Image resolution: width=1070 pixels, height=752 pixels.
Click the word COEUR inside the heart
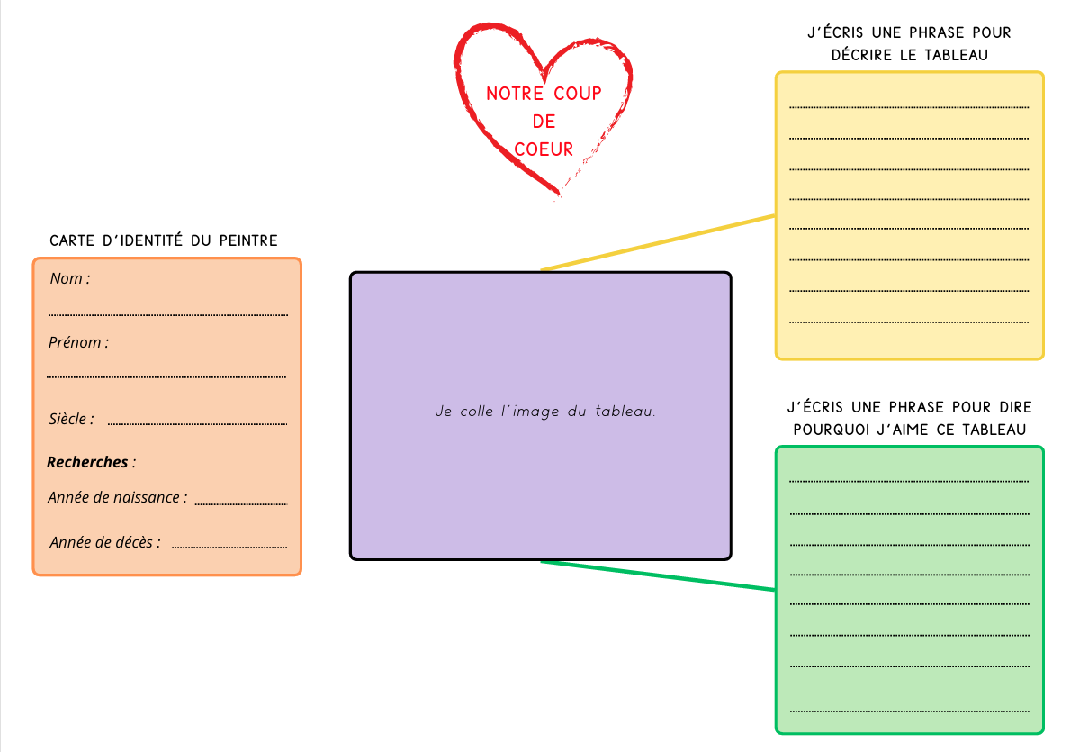pos(544,149)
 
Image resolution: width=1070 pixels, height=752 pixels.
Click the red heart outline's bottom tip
pos(559,193)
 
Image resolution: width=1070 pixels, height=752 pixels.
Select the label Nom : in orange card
pos(69,279)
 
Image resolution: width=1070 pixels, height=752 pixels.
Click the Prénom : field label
pos(78,343)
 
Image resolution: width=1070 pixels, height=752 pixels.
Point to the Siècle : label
pos(71,420)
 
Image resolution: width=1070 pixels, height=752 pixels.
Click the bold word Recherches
pos(87,462)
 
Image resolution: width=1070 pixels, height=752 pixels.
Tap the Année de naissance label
pos(118,497)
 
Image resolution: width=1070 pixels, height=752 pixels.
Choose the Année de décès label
pos(105,542)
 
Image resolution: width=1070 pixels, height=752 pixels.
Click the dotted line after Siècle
pos(197,423)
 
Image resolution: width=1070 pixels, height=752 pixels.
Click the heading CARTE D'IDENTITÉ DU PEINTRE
pos(164,240)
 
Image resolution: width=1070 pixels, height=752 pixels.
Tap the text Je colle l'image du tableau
pos(545,412)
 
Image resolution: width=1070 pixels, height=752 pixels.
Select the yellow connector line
pos(658,242)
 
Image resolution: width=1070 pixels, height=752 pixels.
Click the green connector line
pos(658,576)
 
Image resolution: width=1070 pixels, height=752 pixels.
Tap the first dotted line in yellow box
pos(909,107)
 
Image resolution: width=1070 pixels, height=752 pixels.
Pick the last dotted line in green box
pos(909,710)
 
